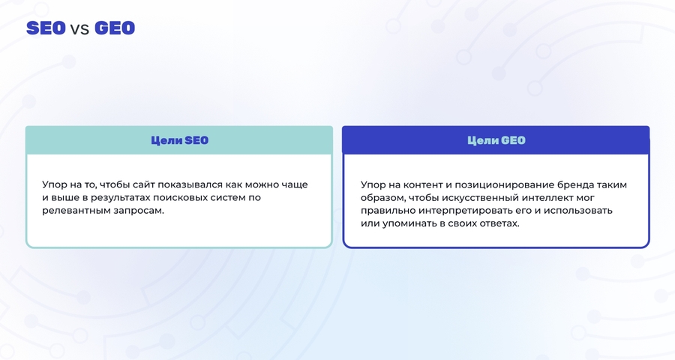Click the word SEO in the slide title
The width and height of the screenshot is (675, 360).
(46, 28)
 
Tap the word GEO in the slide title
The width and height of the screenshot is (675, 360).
(115, 28)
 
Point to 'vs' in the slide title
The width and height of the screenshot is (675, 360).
(80, 29)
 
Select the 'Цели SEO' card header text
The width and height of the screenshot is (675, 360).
(179, 140)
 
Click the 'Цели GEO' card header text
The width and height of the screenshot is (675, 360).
(496, 140)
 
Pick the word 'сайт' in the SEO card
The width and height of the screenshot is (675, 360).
(143, 184)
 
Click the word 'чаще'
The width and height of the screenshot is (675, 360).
(295, 185)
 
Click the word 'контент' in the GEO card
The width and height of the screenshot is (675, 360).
(422, 185)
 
